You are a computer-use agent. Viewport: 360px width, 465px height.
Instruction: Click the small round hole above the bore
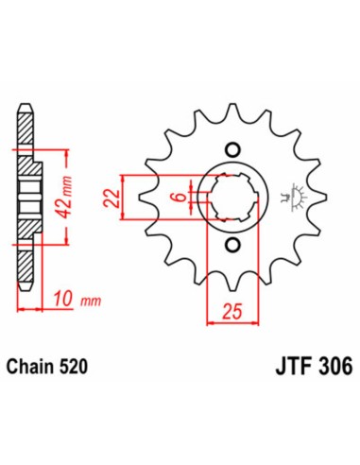coord(231,148)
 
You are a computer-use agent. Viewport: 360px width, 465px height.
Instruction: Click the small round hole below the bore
coord(231,247)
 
